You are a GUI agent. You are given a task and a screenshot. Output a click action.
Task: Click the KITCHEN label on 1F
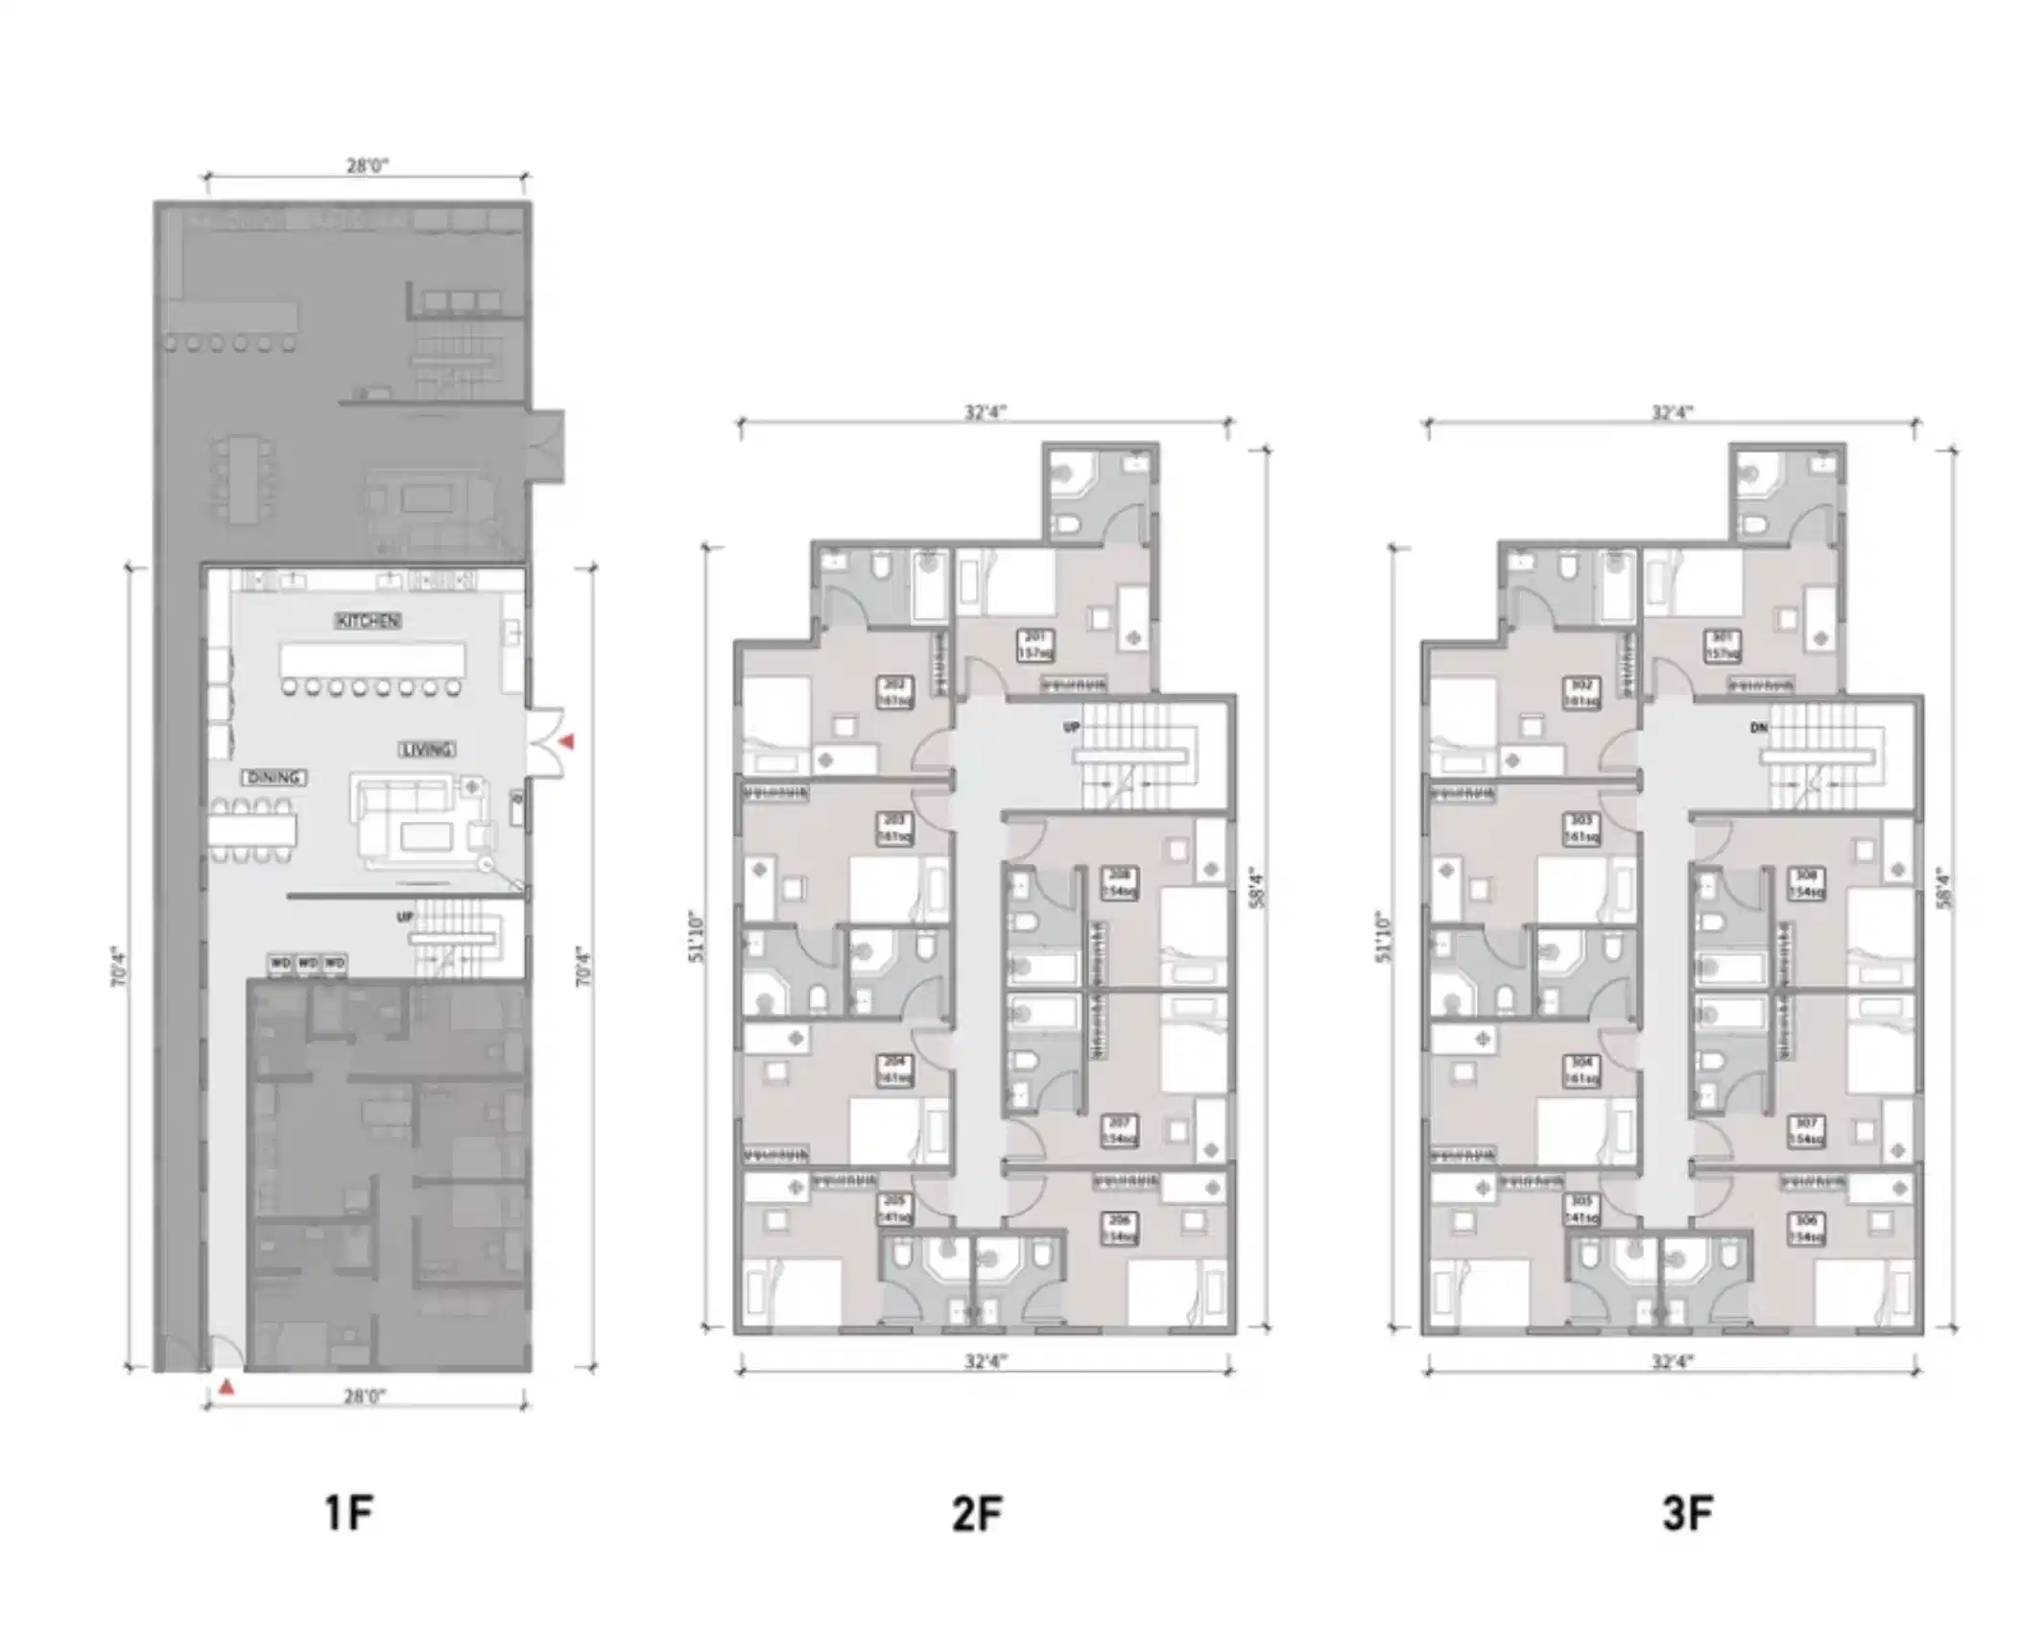click(368, 621)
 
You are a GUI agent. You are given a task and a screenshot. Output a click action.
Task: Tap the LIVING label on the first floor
click(427, 749)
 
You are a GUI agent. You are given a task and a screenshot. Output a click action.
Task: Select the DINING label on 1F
click(274, 777)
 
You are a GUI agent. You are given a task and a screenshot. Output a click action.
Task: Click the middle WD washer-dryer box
click(307, 962)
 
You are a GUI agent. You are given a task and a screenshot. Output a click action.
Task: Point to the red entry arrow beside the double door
click(567, 742)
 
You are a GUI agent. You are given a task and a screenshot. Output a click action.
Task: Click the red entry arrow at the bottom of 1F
click(226, 1386)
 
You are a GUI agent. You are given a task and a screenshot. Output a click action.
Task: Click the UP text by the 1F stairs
click(405, 917)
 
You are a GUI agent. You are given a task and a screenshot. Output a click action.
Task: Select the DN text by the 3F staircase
click(1758, 728)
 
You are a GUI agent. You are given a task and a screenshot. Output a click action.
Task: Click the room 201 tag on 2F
click(1034, 645)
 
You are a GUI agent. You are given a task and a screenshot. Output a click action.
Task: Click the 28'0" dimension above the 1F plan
click(367, 166)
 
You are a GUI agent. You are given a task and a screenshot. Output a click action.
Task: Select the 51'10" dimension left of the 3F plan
click(1383, 936)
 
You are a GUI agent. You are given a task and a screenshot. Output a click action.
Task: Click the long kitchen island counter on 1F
click(372, 661)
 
